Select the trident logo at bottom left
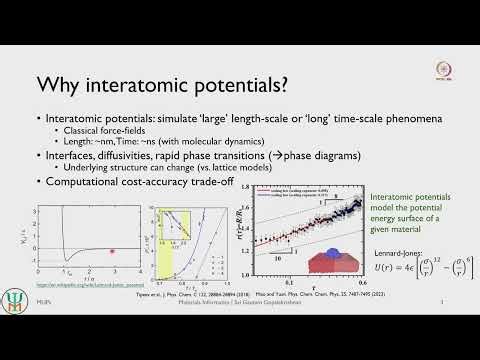click(x=18, y=333)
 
